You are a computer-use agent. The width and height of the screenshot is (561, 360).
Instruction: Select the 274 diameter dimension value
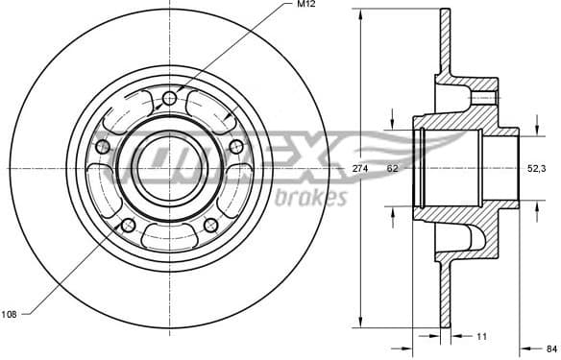tap(360, 169)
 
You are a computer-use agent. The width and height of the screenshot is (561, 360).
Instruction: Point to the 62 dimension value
tap(392, 169)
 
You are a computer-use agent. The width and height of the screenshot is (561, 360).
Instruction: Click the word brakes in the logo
tap(310, 199)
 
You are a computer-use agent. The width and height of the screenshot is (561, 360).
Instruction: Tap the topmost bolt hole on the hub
tap(169, 98)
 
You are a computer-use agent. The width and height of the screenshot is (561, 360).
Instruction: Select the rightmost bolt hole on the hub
tap(235, 146)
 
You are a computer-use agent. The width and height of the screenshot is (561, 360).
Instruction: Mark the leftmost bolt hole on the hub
tap(103, 146)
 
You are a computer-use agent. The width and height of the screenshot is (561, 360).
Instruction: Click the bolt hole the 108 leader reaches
tap(128, 225)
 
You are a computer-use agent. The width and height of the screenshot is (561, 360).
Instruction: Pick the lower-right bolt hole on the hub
tap(210, 225)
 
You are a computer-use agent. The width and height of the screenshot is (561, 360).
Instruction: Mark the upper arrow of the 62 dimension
tap(392, 123)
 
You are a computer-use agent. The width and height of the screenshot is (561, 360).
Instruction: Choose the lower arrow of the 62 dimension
tap(392, 212)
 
